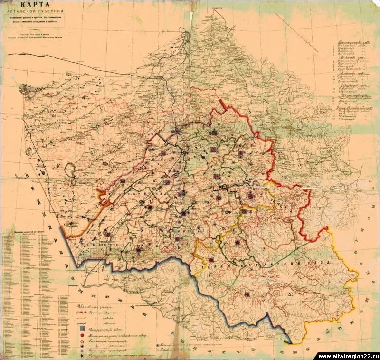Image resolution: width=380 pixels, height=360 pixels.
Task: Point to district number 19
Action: point(263,249)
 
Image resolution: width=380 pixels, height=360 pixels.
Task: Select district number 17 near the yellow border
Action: point(209,275)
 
